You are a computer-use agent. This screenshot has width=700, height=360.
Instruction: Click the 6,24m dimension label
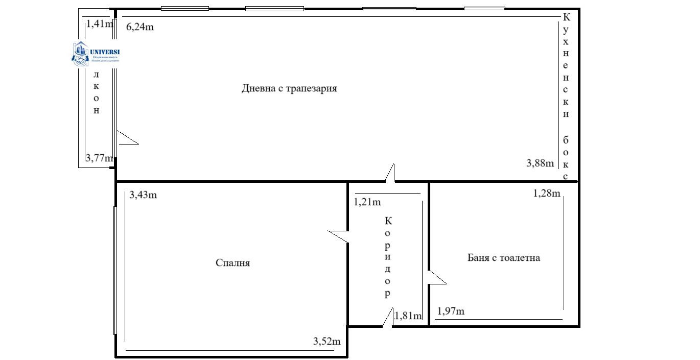point(139,28)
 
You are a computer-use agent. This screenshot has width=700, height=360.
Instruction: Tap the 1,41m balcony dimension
point(99,23)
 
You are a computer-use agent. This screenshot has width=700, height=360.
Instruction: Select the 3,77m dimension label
point(99,158)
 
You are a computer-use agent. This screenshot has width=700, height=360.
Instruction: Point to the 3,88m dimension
point(540,163)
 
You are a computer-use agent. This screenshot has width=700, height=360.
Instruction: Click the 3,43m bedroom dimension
point(143,195)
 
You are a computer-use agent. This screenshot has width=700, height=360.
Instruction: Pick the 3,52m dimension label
point(326,342)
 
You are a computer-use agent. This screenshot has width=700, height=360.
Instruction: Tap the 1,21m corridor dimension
point(367,202)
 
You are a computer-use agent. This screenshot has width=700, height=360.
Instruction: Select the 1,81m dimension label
point(409,316)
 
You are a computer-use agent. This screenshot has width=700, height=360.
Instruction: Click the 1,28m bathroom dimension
point(547,193)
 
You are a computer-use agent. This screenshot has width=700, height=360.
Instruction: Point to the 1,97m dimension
point(451,311)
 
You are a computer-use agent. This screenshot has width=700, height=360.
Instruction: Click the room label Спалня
point(232,263)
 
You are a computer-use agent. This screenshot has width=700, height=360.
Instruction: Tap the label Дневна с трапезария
point(289,88)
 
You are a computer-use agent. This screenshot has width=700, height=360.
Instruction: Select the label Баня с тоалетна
point(503,258)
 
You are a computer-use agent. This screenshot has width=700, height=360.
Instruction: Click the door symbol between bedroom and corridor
point(338,236)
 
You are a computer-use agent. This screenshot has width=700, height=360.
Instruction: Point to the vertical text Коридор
point(388,257)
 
